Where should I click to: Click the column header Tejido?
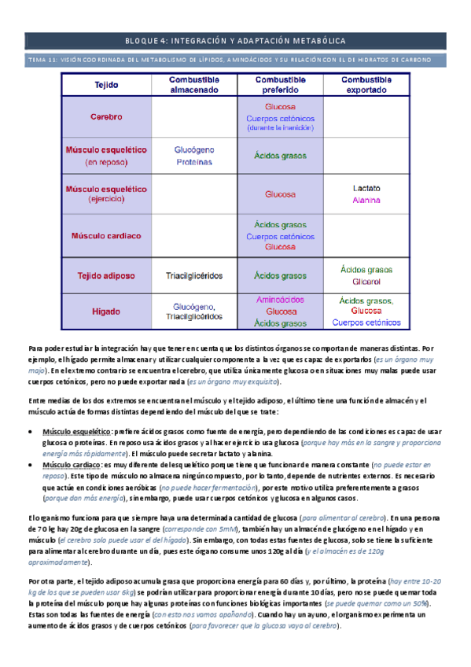point(106,85)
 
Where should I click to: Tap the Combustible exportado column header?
point(367,85)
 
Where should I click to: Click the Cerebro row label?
point(106,117)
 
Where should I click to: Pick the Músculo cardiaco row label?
point(106,235)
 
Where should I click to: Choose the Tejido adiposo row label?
point(106,276)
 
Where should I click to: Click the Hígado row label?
point(106,311)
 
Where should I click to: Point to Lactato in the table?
point(367,189)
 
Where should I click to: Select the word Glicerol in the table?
point(367,282)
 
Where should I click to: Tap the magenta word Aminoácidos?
point(281,300)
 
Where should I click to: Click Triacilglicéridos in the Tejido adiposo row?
point(194,276)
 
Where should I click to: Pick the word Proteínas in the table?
point(194,162)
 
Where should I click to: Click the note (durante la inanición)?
point(281,127)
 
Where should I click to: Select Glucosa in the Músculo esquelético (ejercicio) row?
point(281,193)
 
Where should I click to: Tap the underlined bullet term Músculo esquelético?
point(76,432)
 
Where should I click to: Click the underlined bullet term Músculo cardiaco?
point(72,465)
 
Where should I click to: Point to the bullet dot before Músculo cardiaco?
point(30,465)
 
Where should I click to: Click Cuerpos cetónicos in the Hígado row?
point(367,322)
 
